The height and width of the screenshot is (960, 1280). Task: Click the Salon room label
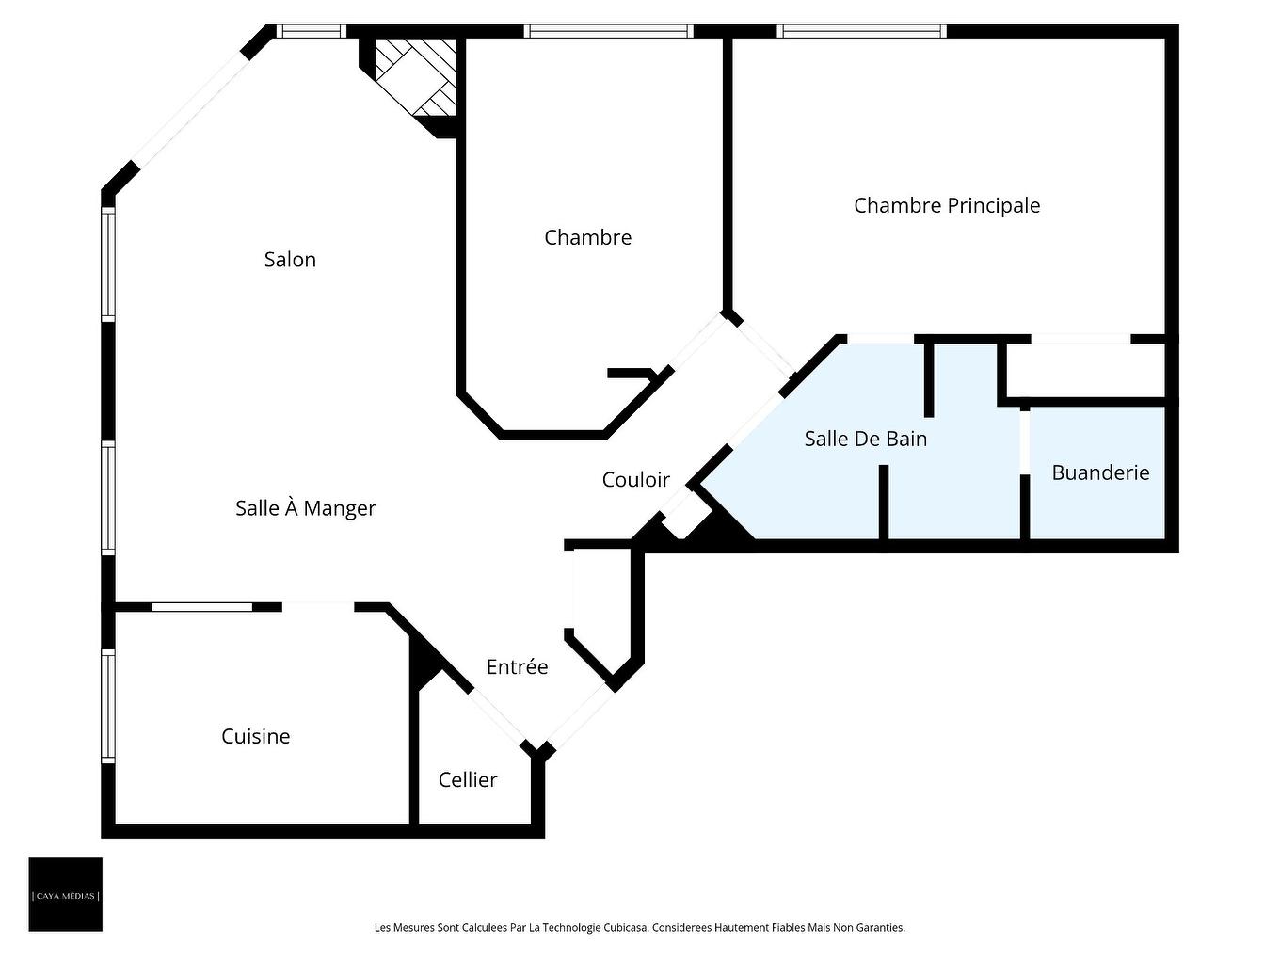(x=290, y=260)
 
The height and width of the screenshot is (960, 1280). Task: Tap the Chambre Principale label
(x=947, y=205)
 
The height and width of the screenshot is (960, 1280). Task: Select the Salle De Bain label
(x=865, y=439)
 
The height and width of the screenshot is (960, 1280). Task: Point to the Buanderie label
(x=1100, y=472)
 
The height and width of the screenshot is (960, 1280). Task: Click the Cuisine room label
(x=255, y=736)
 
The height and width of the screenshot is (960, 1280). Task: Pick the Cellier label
(x=468, y=779)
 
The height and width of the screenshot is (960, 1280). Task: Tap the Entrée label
(x=517, y=667)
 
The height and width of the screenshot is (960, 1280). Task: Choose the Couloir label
(x=635, y=480)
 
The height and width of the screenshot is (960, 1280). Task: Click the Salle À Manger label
(x=305, y=508)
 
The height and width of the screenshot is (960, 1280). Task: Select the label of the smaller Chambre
(x=587, y=237)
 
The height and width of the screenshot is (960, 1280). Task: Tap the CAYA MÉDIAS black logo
(x=65, y=894)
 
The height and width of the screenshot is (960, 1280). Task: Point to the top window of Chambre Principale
(x=861, y=31)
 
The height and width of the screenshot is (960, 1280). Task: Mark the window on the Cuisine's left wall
(x=108, y=706)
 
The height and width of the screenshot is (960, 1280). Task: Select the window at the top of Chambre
(x=608, y=31)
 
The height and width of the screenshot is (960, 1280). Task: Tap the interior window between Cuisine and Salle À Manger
(x=202, y=607)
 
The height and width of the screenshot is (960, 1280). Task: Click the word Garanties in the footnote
(x=883, y=928)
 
